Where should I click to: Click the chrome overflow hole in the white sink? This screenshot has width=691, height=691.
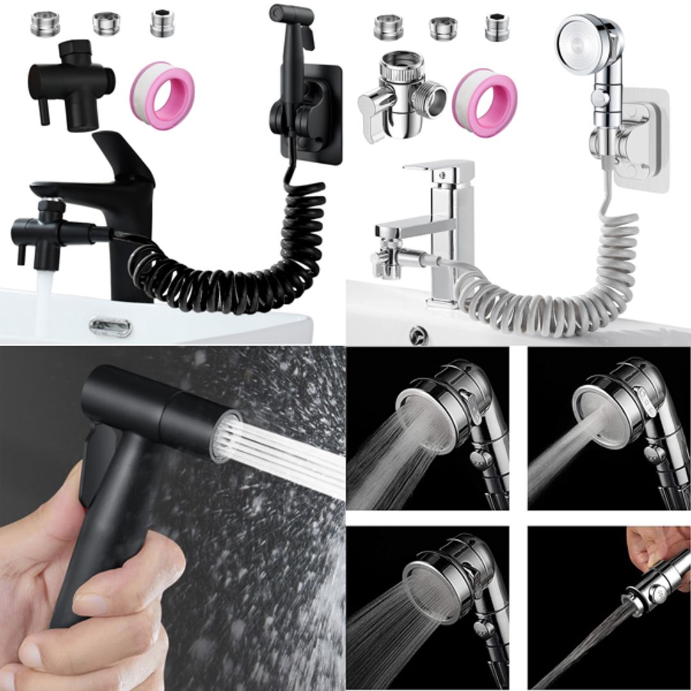pyautogui.click(x=110, y=326)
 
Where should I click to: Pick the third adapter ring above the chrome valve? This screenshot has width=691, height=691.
pyautogui.click(x=496, y=26)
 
